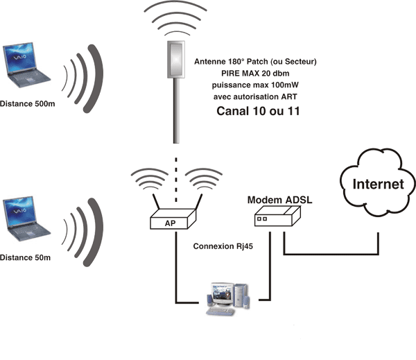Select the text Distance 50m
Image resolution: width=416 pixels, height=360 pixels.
[x=26, y=256]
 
